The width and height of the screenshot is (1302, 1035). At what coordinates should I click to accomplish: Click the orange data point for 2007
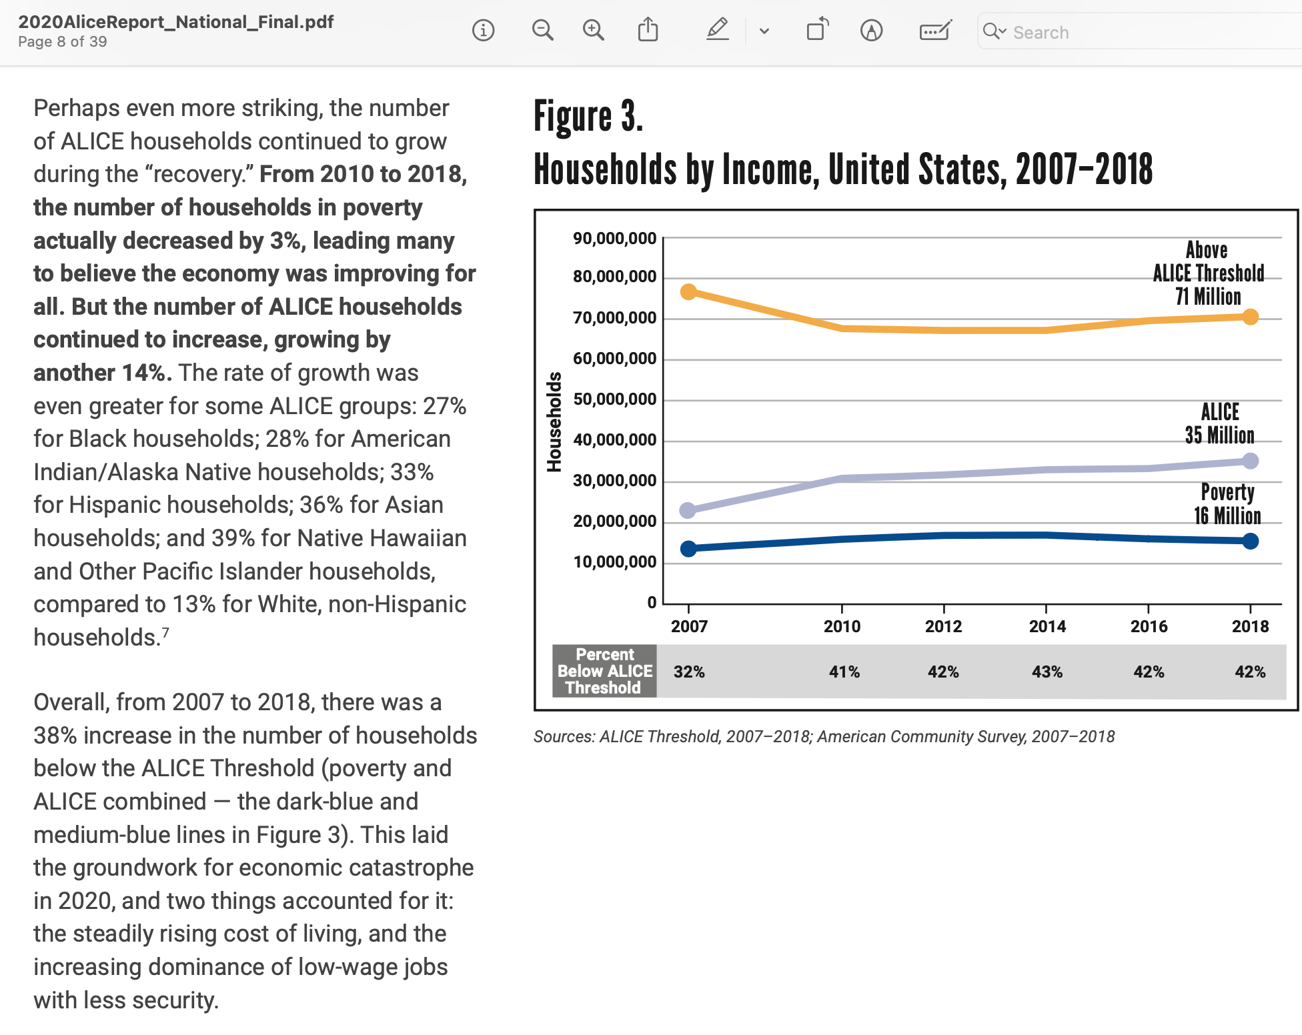(688, 292)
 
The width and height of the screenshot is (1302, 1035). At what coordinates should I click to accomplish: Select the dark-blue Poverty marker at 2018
(1251, 541)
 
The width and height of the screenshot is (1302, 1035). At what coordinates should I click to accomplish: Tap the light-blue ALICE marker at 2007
(688, 510)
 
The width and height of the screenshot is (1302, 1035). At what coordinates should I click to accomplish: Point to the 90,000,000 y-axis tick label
(614, 239)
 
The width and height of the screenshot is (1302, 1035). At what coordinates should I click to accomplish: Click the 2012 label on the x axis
(943, 626)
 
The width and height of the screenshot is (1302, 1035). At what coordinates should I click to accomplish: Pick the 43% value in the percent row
(1047, 672)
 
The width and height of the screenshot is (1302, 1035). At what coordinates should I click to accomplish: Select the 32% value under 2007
(689, 672)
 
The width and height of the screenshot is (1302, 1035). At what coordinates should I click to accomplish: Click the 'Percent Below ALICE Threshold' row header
(605, 671)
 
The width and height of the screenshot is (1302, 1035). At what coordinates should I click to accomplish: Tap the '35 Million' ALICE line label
(1219, 435)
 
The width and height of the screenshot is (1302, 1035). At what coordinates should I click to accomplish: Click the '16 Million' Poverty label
(1227, 515)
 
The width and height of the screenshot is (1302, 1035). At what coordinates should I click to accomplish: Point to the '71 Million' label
(1208, 296)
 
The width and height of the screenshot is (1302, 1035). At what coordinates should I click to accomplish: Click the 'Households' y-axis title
(554, 421)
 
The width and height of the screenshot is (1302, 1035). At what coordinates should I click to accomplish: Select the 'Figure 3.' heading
(588, 117)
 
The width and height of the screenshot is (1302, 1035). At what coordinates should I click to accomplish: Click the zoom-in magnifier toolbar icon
(593, 31)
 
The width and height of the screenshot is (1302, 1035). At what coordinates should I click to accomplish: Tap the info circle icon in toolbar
(483, 31)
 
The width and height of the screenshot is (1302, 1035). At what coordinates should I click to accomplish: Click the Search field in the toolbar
(1134, 32)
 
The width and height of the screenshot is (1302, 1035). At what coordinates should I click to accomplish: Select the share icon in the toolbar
(648, 31)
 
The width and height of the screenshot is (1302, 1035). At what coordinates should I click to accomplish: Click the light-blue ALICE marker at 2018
(1251, 461)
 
